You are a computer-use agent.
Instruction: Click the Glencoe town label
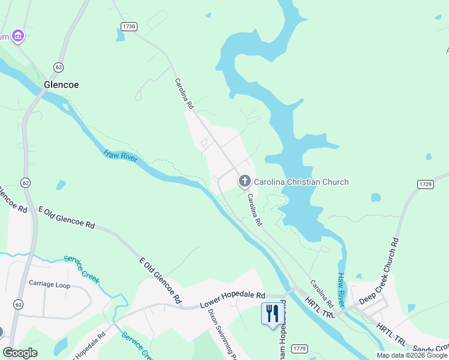point(61,85)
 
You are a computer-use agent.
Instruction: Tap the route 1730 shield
point(128,26)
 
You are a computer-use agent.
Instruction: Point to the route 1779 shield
point(300,349)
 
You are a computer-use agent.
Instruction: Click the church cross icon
point(244,181)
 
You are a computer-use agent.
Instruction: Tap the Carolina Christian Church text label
point(301,182)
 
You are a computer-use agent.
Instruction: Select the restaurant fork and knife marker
point(272,313)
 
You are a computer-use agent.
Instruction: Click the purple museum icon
point(18,37)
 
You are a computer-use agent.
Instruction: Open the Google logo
point(20,353)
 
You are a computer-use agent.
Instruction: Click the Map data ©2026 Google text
point(412,355)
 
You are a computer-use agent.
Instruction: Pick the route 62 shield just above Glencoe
point(58,67)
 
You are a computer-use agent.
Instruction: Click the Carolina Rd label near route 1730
point(184,93)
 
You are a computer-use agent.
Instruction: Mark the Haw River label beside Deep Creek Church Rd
point(341,287)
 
